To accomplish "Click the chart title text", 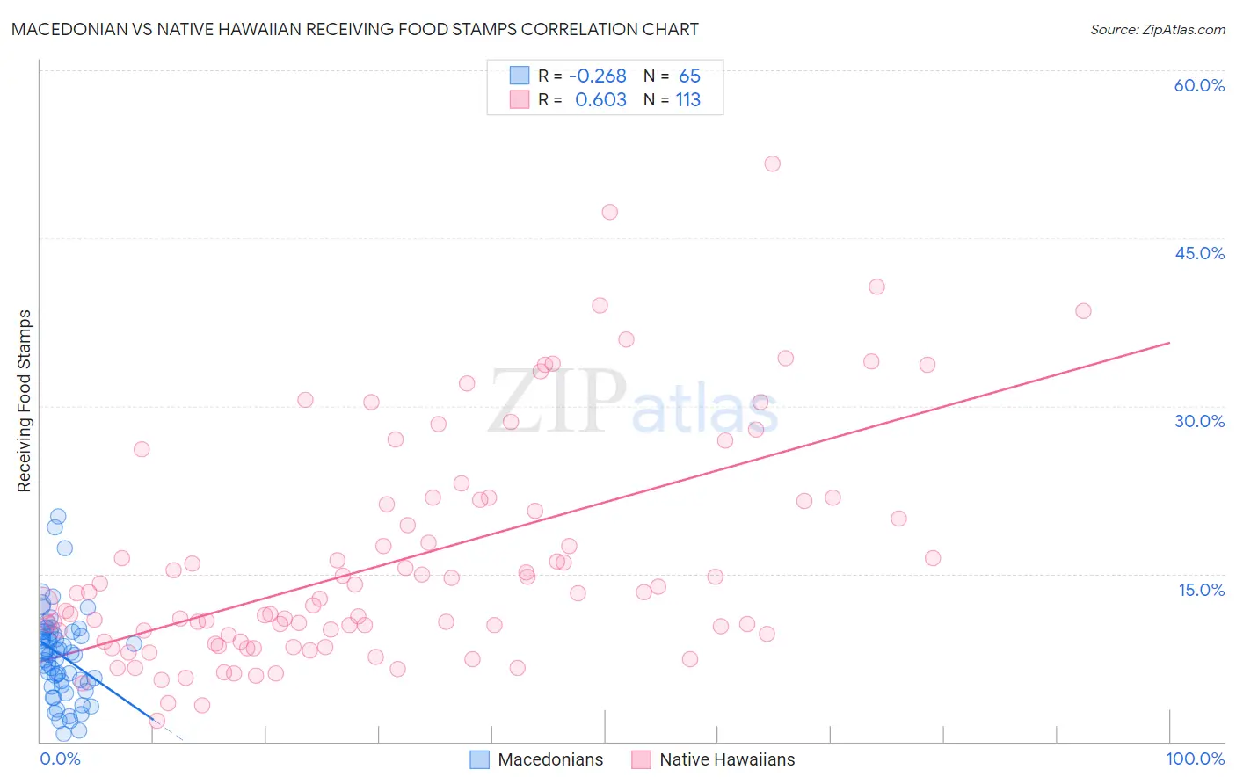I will coord(355,29).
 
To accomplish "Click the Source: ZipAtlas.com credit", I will coord(1157,30).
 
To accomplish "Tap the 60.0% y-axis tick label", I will coord(1199,85).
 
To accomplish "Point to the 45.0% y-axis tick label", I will coord(1199,253).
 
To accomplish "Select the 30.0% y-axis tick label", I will coord(1199,421).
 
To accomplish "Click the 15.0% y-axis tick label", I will coord(1201,590).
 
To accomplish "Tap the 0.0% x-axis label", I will coord(60,759).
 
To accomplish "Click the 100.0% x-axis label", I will coord(1195,759).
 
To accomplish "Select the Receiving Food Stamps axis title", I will coord(24,401).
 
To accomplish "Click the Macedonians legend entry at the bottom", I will coord(537,759).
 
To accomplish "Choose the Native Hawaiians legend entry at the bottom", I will coord(713,759).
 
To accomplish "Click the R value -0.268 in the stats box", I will coord(597,76).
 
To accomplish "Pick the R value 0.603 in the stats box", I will coord(600,100).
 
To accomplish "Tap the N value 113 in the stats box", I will coord(687,100).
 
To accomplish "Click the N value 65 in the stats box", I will coord(689,76).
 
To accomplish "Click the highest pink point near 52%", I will coord(772,163).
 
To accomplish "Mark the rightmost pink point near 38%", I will coord(1083,311).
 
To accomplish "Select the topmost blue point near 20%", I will coord(58,517).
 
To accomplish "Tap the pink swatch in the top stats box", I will coord(520,100).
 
